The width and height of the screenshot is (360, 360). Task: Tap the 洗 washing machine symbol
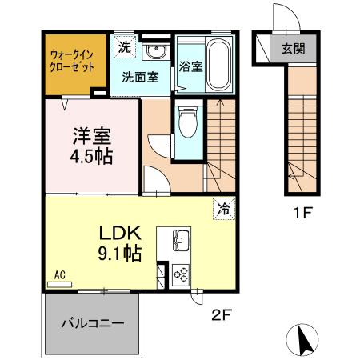[124, 47]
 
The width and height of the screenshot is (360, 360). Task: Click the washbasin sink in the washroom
[156, 52]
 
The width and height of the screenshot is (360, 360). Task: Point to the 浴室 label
[190, 68]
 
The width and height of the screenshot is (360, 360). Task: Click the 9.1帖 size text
[120, 254]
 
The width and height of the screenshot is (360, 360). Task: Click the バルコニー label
[93, 325]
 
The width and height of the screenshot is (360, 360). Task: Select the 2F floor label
[221, 314]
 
